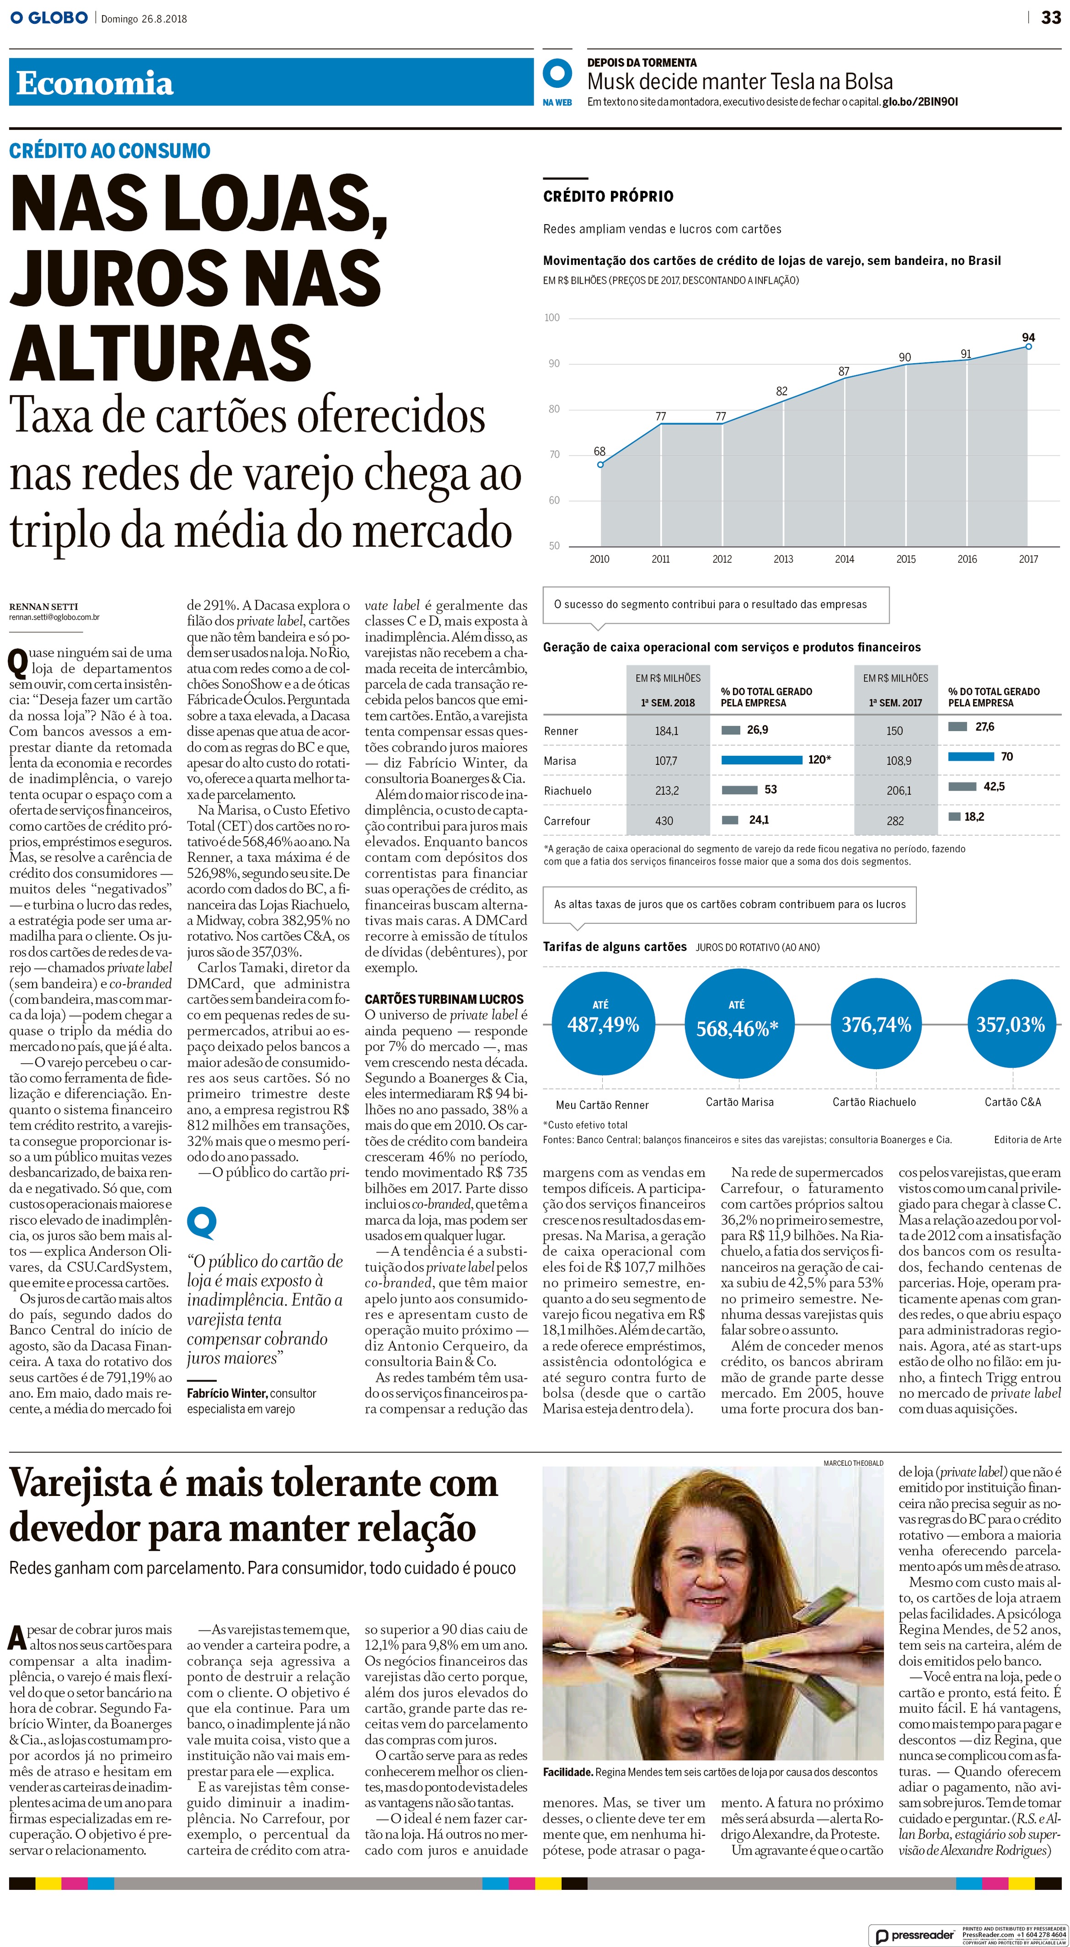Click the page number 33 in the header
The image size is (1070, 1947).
coord(1050,17)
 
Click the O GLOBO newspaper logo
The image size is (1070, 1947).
coord(49,17)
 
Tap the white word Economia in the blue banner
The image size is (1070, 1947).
coord(95,83)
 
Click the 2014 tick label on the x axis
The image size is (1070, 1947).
coord(844,559)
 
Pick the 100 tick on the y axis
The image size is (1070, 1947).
coord(552,317)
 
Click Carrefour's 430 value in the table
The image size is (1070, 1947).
coord(664,821)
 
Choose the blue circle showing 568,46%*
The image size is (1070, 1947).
coord(737,1024)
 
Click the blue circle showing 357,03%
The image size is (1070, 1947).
coord(1010,1024)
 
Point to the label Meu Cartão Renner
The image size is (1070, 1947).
coord(602,1105)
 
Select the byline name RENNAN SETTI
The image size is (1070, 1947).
coord(44,606)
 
